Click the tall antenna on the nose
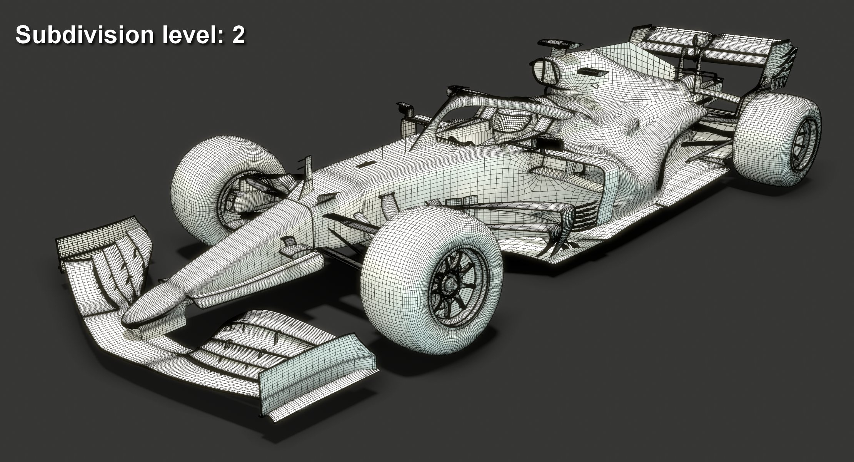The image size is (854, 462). (308, 173)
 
